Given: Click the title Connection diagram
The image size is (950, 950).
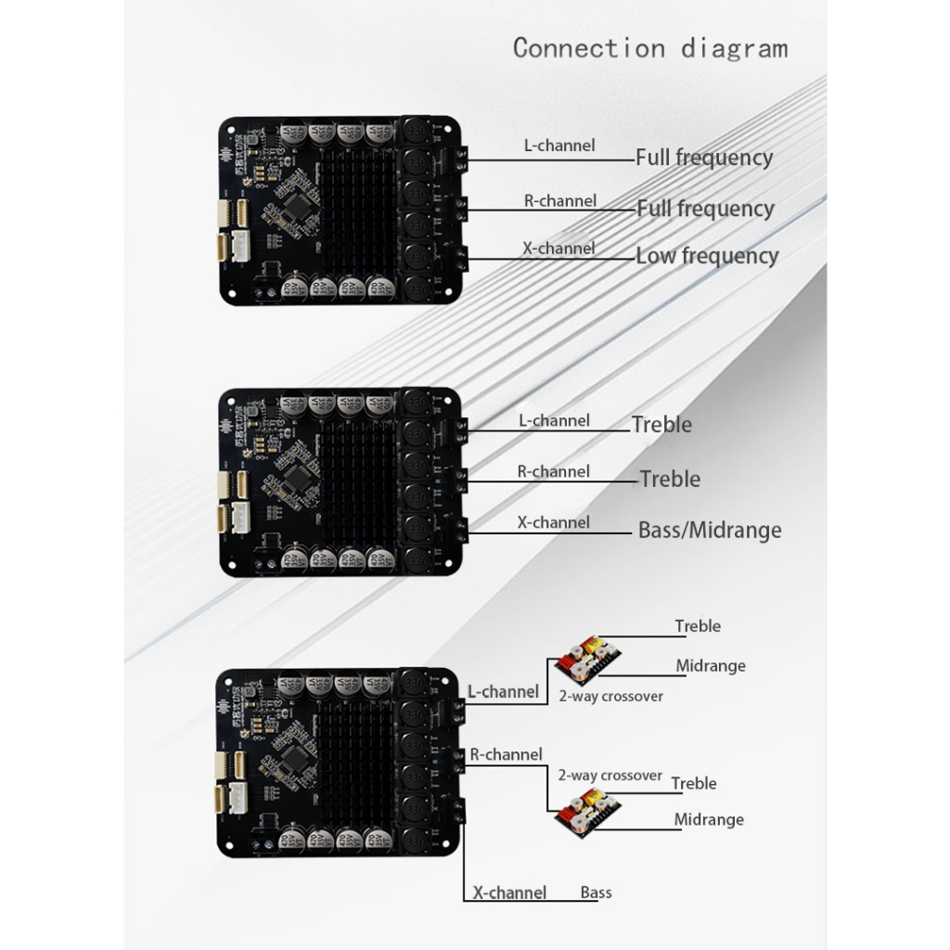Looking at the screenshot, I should (649, 47).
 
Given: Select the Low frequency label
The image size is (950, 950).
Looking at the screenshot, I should (707, 256).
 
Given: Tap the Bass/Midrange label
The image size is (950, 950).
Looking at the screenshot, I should (710, 531).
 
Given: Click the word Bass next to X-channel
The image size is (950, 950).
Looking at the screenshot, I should (596, 892).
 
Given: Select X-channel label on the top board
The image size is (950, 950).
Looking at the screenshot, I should (558, 249).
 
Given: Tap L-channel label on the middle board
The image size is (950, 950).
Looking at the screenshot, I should (554, 421).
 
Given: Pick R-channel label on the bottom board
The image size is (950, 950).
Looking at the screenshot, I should (506, 755).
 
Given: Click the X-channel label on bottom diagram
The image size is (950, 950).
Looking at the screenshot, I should (509, 892).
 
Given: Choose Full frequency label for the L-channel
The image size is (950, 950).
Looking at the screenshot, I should (704, 158).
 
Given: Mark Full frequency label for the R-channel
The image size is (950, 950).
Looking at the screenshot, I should (705, 209).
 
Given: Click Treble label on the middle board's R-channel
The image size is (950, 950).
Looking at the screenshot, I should (670, 480).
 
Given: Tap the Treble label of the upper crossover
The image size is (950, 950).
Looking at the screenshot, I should (698, 626).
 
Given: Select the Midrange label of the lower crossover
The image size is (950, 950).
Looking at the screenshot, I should (709, 819).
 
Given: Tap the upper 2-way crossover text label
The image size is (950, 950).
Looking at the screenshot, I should (610, 696).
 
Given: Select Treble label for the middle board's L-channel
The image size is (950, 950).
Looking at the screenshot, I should (661, 425).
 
